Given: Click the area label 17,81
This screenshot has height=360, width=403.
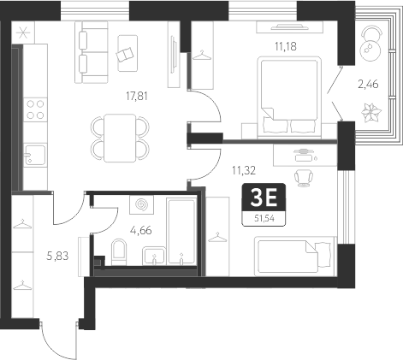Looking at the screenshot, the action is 137,97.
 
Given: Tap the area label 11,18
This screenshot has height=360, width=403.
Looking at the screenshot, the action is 286,46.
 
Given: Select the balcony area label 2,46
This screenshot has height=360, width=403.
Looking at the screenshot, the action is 368,85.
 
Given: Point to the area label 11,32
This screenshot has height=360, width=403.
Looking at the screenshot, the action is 244,171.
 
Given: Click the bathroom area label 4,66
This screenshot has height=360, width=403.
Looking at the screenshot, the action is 140,230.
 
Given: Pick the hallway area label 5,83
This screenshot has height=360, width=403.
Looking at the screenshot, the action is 57,256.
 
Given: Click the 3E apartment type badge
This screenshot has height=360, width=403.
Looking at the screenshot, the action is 264,198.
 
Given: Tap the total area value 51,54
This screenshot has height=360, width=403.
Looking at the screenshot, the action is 264,219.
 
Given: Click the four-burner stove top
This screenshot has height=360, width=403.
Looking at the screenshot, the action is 35,109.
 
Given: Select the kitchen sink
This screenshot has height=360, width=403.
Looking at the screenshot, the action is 35,156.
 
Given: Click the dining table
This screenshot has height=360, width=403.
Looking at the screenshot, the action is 120,139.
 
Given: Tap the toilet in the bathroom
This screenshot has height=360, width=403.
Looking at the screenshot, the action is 119,251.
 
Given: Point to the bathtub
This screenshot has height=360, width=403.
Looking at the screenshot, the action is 181,232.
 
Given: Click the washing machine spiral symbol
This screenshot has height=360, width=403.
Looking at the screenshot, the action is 141,204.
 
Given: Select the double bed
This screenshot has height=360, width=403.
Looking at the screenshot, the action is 289,97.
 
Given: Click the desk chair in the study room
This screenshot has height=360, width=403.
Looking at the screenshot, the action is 304,177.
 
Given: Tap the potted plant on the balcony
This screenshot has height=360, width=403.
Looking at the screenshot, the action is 371,112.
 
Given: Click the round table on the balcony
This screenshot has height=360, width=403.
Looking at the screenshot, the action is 370,50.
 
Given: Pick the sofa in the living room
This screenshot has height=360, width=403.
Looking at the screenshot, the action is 92,53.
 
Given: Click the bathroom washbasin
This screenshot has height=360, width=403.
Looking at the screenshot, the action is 154,256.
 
